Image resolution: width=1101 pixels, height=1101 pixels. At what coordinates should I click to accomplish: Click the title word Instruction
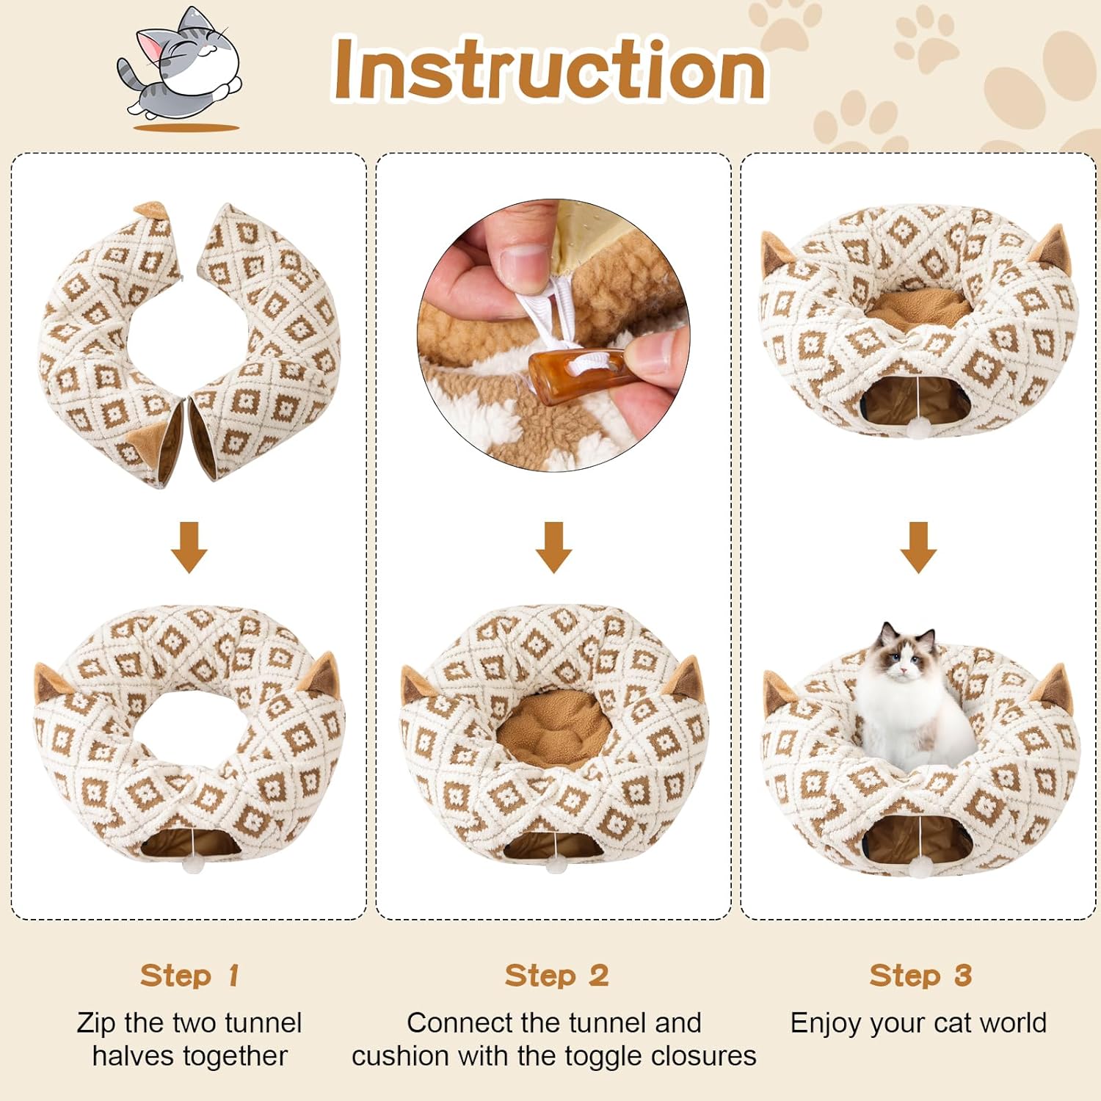[x=549, y=70]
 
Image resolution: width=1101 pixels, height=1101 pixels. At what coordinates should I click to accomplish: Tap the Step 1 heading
[x=189, y=975]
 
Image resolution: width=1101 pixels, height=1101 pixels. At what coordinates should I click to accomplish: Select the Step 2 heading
[x=556, y=975]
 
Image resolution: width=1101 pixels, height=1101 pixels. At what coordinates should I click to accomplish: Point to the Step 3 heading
[x=920, y=975]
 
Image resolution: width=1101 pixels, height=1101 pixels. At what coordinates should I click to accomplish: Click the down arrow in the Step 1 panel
[x=189, y=547]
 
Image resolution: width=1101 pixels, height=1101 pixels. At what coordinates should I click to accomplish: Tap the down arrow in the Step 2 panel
[x=553, y=547]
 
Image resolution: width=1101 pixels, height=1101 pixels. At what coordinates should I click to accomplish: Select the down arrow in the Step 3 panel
[x=918, y=547]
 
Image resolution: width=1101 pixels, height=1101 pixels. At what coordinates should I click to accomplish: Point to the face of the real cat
[x=907, y=650]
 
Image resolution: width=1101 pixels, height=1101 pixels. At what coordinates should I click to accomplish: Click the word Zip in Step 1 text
[x=95, y=1023]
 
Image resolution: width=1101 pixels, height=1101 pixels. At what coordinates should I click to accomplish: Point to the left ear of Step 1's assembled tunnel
[x=51, y=683]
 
